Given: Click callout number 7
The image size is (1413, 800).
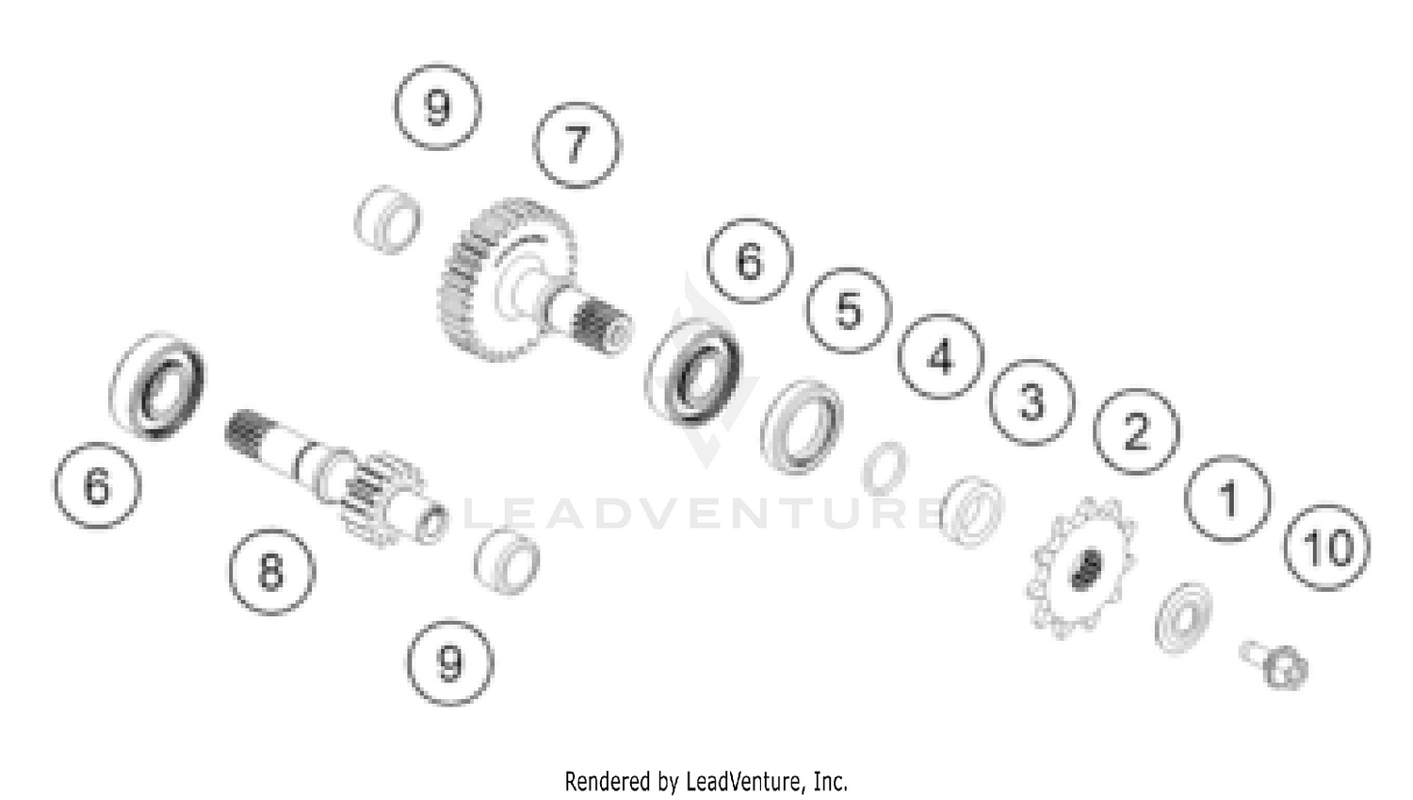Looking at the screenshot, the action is tap(577, 145).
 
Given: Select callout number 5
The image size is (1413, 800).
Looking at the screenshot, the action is tap(848, 310).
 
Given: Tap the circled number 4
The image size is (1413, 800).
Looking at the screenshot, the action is tap(940, 356).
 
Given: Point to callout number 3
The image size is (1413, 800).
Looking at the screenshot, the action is tap(1032, 402).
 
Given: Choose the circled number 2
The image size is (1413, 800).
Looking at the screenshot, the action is tap(1136, 432).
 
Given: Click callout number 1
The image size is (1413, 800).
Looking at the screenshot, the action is tap(1227, 498).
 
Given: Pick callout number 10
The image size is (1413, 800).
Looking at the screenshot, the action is tap(1326, 547).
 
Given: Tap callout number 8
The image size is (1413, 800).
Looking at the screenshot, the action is tap(272, 572).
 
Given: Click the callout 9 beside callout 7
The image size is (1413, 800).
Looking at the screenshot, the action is tap(438, 106).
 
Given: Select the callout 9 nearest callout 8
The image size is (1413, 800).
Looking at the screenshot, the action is tap(449, 662).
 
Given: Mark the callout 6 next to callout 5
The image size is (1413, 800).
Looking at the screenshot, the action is tap(750, 261).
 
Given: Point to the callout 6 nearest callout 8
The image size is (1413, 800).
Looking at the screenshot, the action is tap(96, 486).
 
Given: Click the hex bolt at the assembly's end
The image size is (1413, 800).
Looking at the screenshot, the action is tap(1275, 665).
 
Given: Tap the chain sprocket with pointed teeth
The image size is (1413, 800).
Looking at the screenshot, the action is tap(1080, 568).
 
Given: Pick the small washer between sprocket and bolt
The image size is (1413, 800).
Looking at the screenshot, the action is tap(1184, 617).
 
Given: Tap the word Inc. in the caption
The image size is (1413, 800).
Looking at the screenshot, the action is tap(831, 782).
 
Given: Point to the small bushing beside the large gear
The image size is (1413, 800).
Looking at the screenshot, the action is tap(387, 220).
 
